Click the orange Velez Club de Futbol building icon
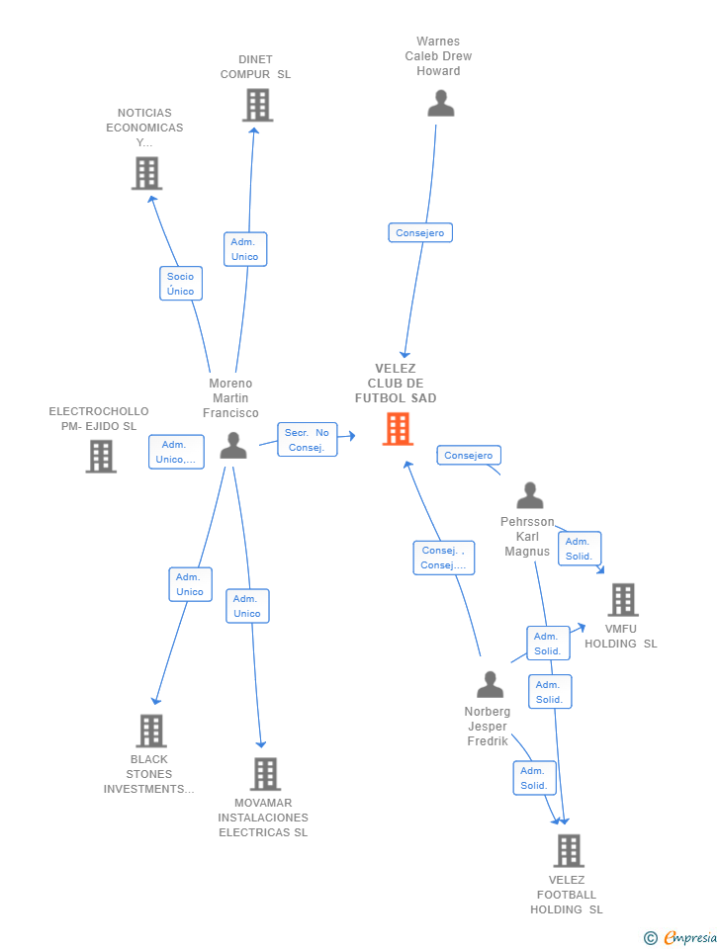pyautogui.click(x=398, y=428)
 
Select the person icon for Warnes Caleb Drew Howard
pyautogui.click(x=441, y=103)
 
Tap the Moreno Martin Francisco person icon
pyautogui.click(x=233, y=445)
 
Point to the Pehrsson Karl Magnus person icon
pyautogui.click(x=530, y=495)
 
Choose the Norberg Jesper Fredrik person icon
pyautogui.click(x=490, y=684)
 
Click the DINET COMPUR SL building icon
pyautogui.click(x=258, y=105)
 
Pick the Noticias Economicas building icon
pyautogui.click(x=147, y=173)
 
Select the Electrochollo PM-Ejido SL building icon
pyautogui.click(x=101, y=456)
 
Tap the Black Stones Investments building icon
pyautogui.click(x=151, y=731)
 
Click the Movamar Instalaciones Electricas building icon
pyautogui.click(x=266, y=774)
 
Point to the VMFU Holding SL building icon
pyautogui.click(x=623, y=599)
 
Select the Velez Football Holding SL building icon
pyautogui.click(x=570, y=850)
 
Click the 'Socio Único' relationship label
pyautogui.click(x=180, y=284)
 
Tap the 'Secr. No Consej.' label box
pyautogui.click(x=307, y=439)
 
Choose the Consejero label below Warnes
pyautogui.click(x=420, y=233)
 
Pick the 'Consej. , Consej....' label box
pyautogui.click(x=444, y=558)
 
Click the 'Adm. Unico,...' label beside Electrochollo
pyautogui.click(x=176, y=452)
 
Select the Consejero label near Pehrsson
pyautogui.click(x=469, y=455)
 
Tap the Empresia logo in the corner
pyautogui.click(x=680, y=937)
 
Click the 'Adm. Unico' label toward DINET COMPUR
pyautogui.click(x=244, y=249)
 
